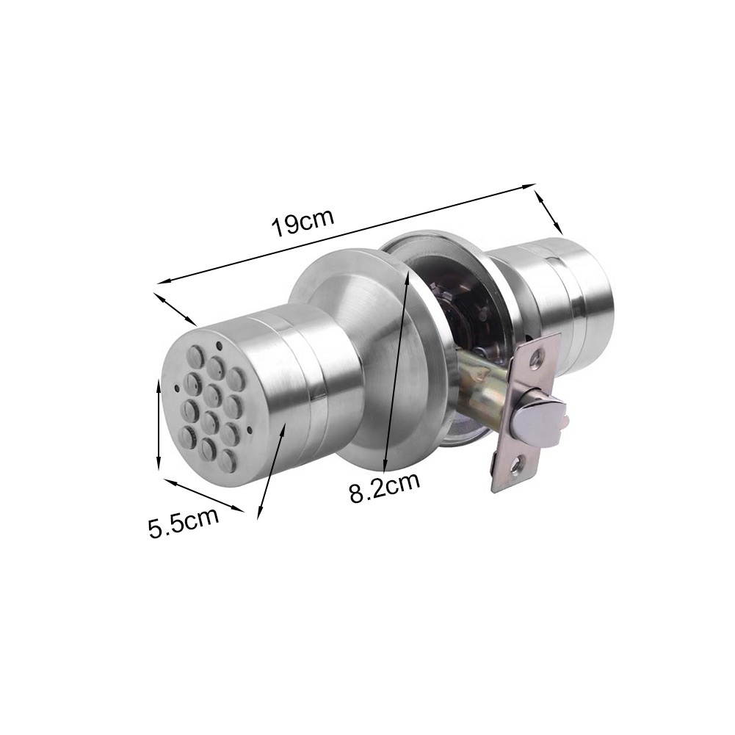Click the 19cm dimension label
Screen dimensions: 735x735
pyautogui.click(x=303, y=222)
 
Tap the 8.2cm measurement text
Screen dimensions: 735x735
pyautogui.click(x=384, y=488)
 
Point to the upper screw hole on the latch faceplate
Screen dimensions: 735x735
pyautogui.click(x=539, y=358)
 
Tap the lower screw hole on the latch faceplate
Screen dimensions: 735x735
pyautogui.click(x=517, y=463)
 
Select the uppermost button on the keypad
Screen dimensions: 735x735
pyautogui.click(x=195, y=357)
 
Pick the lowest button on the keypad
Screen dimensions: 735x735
pyautogui.click(x=228, y=461)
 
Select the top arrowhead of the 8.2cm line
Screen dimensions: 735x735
pyautogui.click(x=408, y=272)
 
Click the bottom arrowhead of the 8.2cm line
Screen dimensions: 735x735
pyautogui.click(x=385, y=467)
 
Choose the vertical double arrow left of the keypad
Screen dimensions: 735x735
pyautogui.click(x=159, y=425)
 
